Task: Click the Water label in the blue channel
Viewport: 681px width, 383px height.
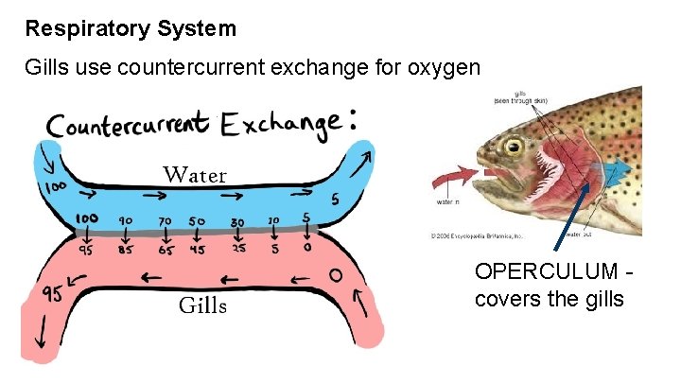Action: [x=195, y=175]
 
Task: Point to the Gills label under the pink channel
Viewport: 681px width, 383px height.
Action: [x=203, y=305]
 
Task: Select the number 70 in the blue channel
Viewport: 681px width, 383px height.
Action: [x=165, y=221]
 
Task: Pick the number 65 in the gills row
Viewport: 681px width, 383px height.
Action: [x=166, y=252]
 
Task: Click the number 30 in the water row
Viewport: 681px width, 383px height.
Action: [x=237, y=222]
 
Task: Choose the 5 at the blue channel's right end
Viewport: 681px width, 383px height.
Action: [x=336, y=200]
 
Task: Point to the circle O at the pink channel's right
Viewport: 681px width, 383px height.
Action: [x=333, y=277]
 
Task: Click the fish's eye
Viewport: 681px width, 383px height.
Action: [x=515, y=148]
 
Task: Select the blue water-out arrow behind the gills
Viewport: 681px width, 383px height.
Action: [x=619, y=171]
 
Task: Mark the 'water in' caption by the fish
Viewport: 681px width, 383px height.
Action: [x=446, y=201]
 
